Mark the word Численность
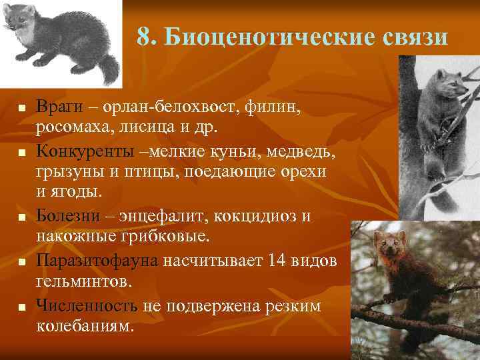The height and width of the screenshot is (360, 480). tap(87, 306)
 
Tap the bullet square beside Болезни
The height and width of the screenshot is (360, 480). tap(22, 218)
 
